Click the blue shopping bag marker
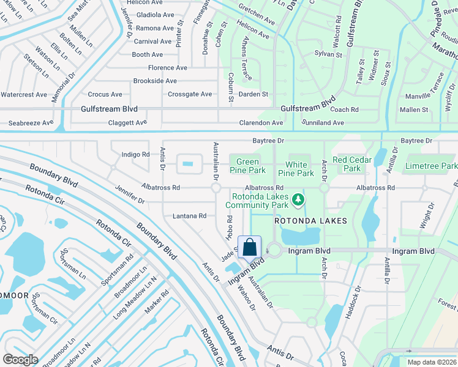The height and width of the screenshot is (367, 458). pyautogui.click(x=250, y=248)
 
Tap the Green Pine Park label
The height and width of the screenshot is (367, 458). pyautogui.click(x=247, y=166)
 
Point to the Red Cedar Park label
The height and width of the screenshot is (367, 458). pyautogui.click(x=351, y=164)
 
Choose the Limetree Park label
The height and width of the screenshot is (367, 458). pyautogui.click(x=431, y=166)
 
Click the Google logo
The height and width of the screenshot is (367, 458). pyautogui.click(x=20, y=359)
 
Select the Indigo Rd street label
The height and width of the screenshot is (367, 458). pyautogui.click(x=135, y=155)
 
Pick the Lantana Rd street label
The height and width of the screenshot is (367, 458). pyautogui.click(x=189, y=216)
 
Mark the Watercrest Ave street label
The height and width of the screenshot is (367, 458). pyautogui.click(x=24, y=95)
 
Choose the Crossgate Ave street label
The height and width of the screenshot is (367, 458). pyautogui.click(x=189, y=94)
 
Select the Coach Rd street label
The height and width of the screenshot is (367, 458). pyautogui.click(x=343, y=110)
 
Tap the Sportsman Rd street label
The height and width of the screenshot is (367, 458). pyautogui.click(x=117, y=269)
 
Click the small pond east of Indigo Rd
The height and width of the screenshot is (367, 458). pyautogui.click(x=189, y=164)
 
